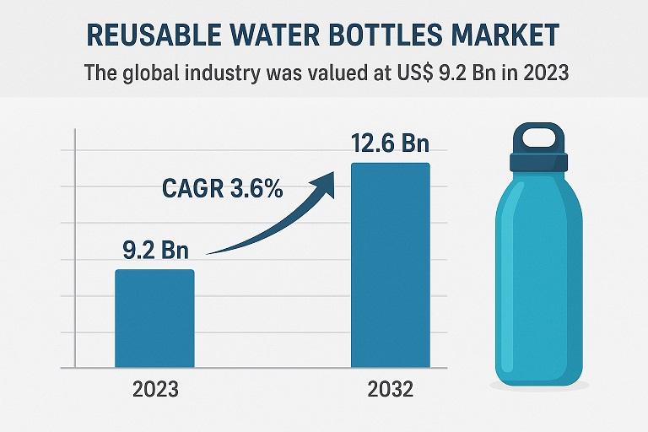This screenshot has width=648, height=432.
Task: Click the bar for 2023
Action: pos(155,319)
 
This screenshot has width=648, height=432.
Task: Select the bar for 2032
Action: pos(391,265)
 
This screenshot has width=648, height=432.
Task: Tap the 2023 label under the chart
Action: pos(155,390)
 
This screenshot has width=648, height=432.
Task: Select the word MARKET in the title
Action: pos(510,35)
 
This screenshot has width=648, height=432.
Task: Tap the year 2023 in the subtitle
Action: pos(543,73)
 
